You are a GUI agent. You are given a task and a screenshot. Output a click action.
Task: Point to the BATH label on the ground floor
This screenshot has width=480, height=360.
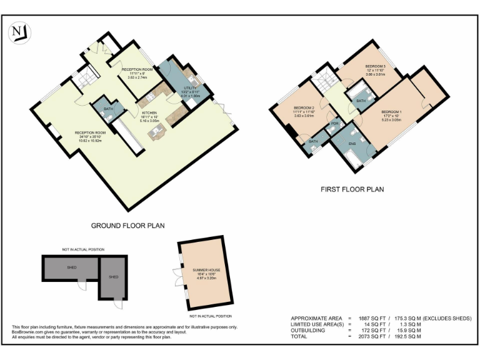(108, 109)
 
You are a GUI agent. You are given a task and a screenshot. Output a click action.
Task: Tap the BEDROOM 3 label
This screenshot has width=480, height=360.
(376, 67)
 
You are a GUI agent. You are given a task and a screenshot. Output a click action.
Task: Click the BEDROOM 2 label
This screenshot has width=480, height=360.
(303, 108)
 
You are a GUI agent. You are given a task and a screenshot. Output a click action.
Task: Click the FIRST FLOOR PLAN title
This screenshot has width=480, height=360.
(352, 189)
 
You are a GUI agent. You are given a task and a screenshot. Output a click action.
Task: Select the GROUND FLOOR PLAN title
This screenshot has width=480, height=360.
(127, 226)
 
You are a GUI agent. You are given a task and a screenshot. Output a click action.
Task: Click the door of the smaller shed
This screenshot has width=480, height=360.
(117, 304)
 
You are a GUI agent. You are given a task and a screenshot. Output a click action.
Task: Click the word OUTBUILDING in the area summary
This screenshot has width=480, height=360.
(309, 331)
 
